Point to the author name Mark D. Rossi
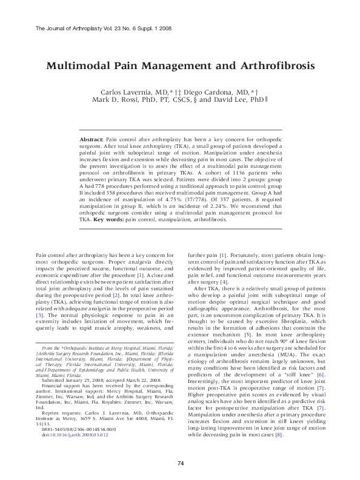pyautogui.click(x=117, y=99)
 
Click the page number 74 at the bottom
pyautogui.click(x=180, y=463)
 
